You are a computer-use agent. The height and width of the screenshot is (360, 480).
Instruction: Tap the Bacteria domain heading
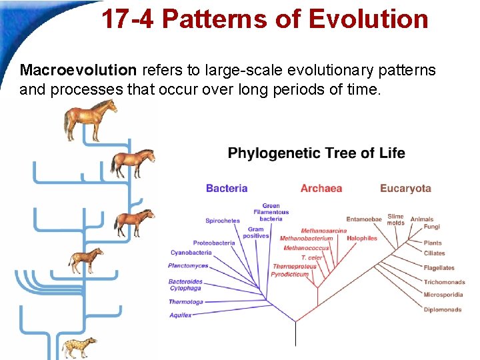[227, 189]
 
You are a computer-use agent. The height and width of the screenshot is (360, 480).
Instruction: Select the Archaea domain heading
[321, 189]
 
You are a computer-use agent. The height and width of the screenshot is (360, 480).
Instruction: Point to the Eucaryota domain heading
[405, 189]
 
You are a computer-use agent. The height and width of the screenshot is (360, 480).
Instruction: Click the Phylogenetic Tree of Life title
[316, 153]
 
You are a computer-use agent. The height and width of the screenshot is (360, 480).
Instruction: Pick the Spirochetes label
[223, 221]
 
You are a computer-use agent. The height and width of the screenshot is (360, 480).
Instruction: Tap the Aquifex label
[180, 315]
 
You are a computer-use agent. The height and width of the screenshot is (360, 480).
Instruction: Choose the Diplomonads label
[443, 310]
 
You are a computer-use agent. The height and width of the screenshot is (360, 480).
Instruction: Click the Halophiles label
[362, 238]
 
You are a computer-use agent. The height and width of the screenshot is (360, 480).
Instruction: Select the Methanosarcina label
[324, 231]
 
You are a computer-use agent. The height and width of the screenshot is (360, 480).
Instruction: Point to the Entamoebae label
[364, 219]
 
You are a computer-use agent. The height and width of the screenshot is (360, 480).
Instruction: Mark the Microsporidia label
[444, 294]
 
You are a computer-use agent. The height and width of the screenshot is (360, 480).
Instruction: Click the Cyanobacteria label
[191, 253]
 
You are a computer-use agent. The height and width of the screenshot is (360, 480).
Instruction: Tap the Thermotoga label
[185, 302]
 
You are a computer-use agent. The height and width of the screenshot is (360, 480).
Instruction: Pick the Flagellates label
[439, 268]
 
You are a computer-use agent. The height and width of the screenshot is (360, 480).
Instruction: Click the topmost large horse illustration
[91, 119]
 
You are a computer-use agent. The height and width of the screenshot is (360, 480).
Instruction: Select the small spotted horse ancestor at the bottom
[79, 347]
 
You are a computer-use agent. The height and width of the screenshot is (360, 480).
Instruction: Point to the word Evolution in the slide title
[369, 19]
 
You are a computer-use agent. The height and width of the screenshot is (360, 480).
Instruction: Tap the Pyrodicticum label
[290, 274]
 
